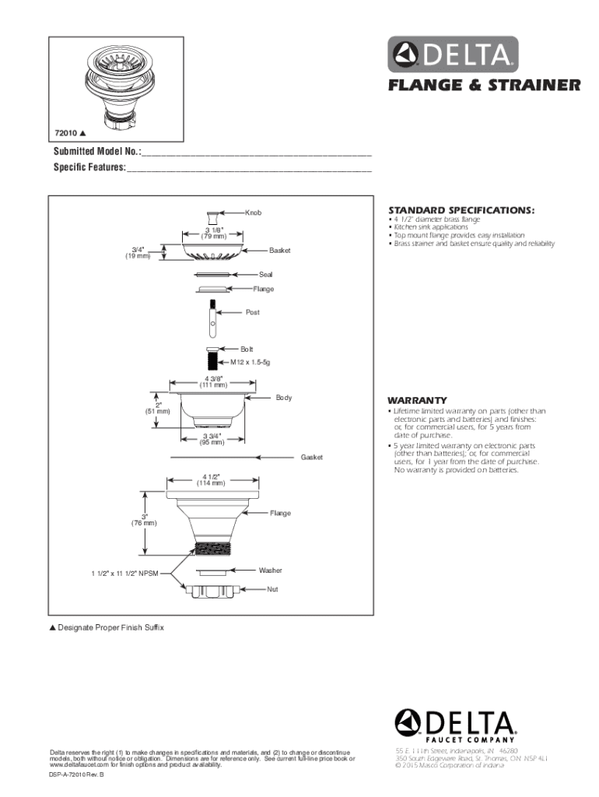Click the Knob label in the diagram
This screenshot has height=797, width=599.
[x=253, y=212]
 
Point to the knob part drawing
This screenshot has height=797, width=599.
[x=213, y=217]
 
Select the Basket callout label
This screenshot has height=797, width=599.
[x=279, y=251]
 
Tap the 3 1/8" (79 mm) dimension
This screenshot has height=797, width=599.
[x=212, y=233]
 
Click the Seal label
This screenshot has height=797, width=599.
[x=266, y=275]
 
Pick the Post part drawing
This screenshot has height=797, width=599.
[x=212, y=318]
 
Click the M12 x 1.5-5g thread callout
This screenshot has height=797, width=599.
[x=250, y=363]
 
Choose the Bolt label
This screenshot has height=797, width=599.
[x=247, y=349]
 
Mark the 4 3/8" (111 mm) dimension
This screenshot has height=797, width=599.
[x=213, y=381]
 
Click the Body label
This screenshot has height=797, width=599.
[x=283, y=398]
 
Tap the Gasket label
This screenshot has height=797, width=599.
[x=311, y=457]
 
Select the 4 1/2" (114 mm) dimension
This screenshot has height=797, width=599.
[x=213, y=479]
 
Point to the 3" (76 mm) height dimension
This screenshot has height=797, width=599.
[x=145, y=519]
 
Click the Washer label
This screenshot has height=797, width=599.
[x=270, y=571]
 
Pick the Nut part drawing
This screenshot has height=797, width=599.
[x=212, y=591]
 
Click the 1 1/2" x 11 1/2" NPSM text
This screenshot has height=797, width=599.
[x=125, y=574]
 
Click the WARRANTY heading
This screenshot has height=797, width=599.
[x=417, y=401]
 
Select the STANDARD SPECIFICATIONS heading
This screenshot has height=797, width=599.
[x=461, y=210]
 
